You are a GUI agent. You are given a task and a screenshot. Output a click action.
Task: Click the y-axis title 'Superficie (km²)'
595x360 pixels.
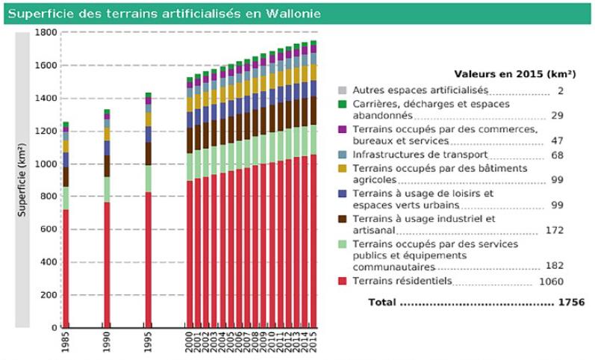click(x=22, y=180)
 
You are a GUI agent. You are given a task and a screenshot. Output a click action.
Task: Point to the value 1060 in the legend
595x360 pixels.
click(x=551, y=282)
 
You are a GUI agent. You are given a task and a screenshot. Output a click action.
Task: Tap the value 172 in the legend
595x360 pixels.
click(x=555, y=231)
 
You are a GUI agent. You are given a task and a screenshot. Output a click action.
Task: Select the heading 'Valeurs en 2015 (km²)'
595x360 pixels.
click(x=514, y=74)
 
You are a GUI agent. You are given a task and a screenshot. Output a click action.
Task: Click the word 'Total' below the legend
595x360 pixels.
click(x=381, y=302)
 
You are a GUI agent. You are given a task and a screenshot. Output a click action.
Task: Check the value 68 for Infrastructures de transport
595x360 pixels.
click(x=556, y=154)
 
